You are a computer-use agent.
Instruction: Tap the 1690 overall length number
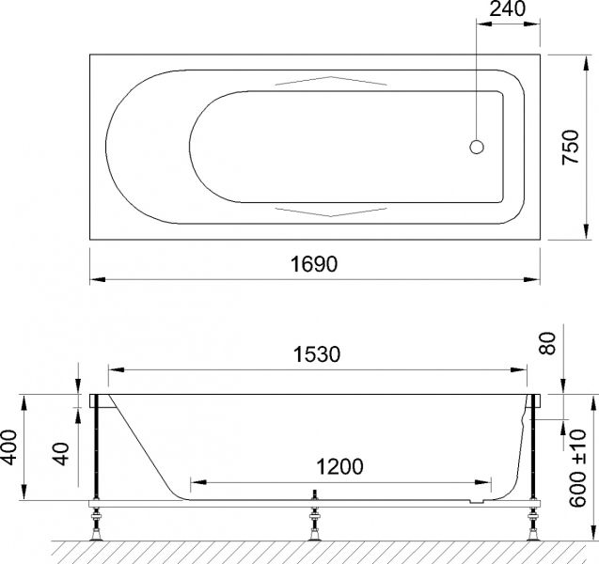click(x=315, y=264)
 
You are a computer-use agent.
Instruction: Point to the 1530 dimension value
click(x=315, y=354)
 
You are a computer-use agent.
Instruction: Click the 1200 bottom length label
click(x=338, y=465)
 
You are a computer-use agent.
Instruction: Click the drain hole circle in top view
click(x=477, y=147)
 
